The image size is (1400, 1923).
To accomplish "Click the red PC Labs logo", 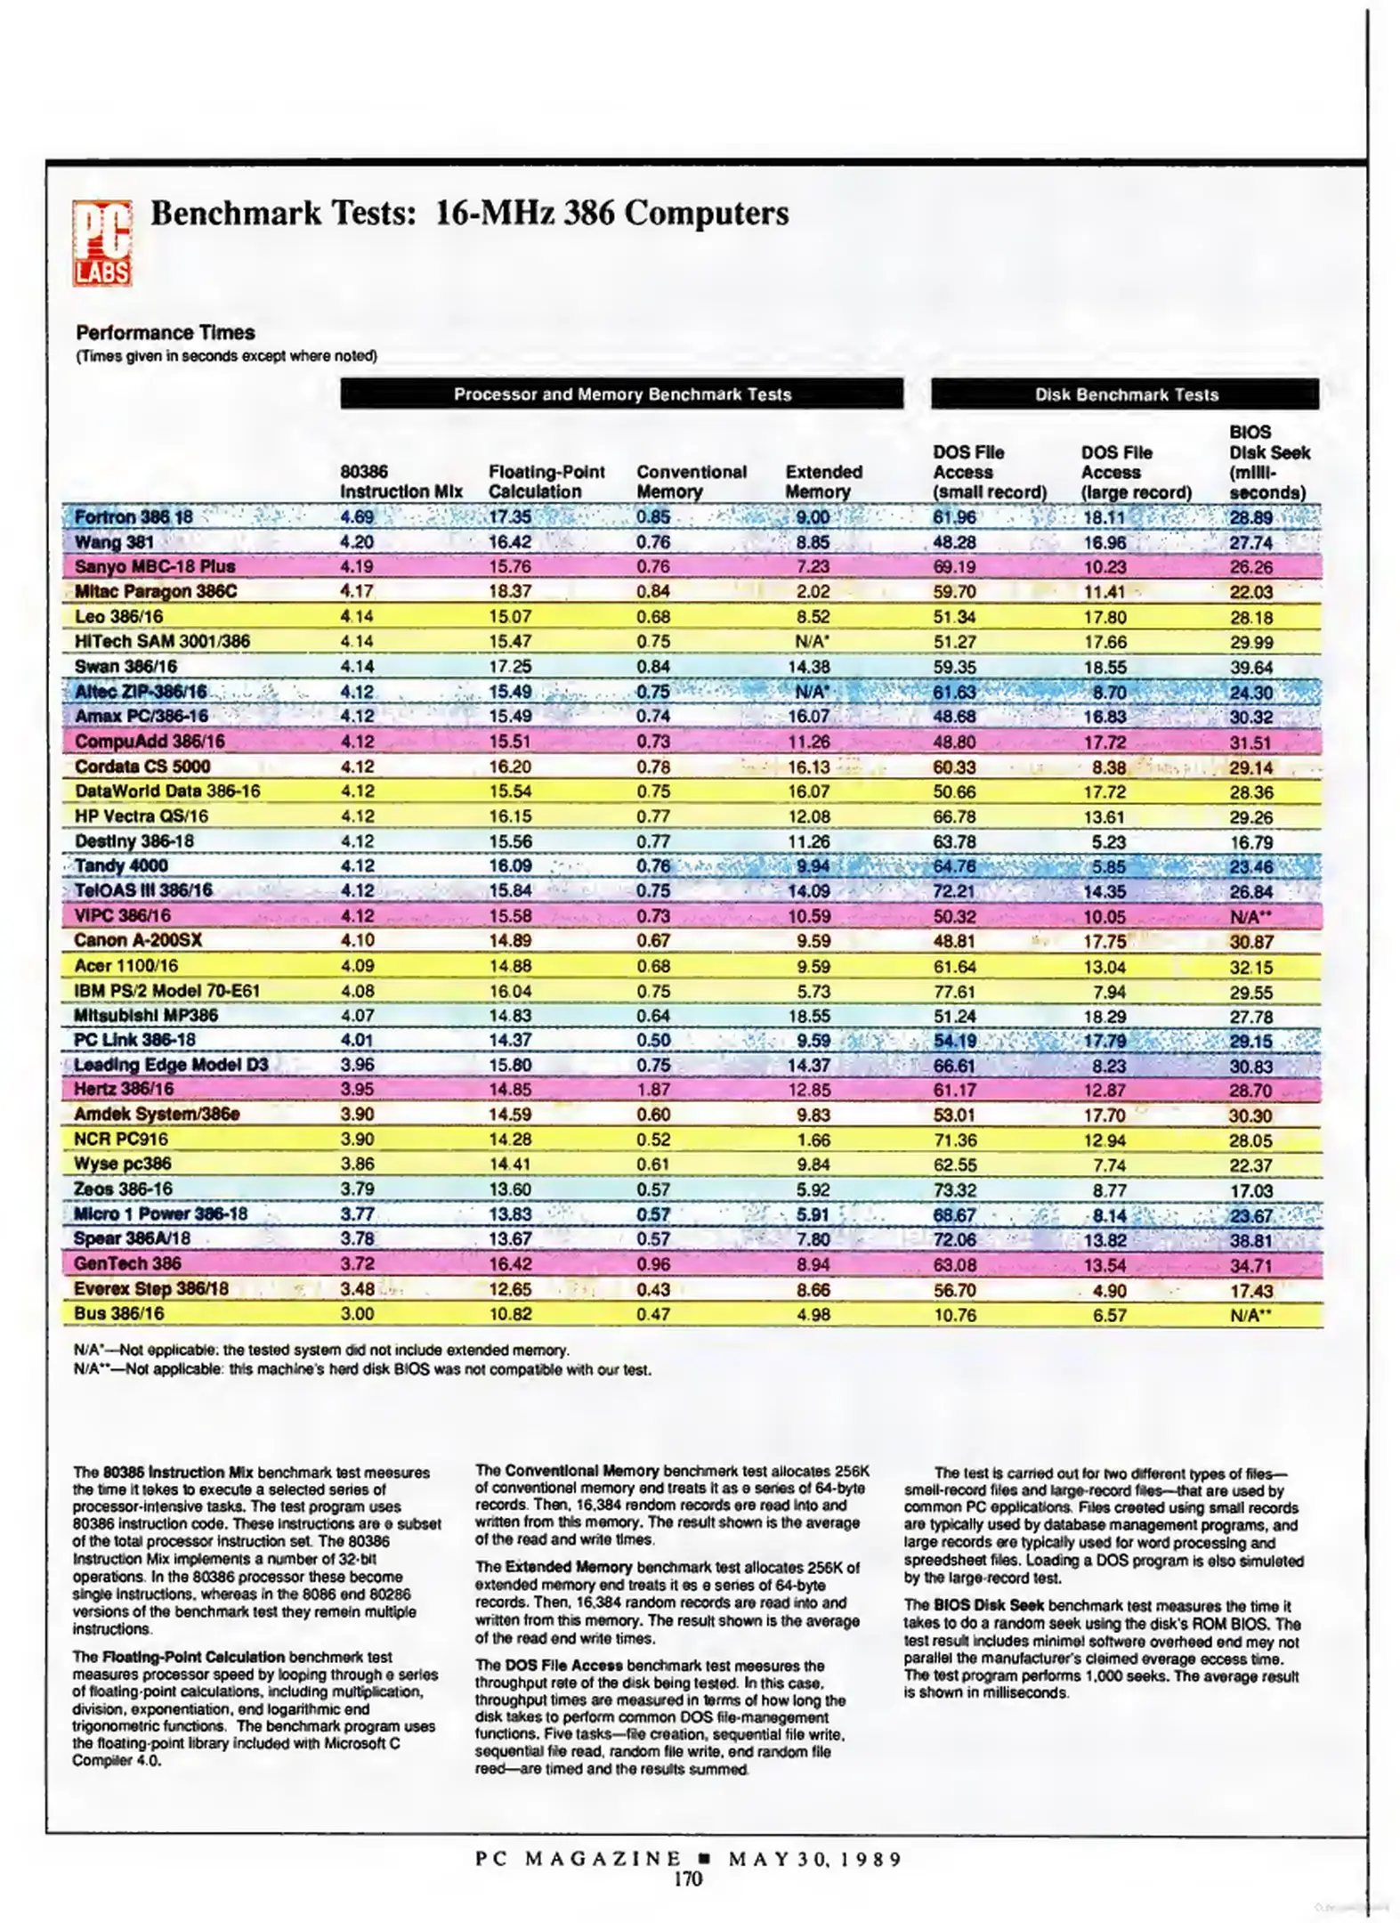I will coord(102,243).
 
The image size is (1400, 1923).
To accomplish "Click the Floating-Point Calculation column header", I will coord(546,482).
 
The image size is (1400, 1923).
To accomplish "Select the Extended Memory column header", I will coord(823,482).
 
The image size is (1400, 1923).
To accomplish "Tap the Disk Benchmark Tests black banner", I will coord(1124,394).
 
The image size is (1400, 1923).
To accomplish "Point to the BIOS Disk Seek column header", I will coord(1268,462).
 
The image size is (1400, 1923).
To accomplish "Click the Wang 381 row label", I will coord(114,542).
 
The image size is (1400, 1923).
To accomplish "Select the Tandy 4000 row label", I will coord(121,865).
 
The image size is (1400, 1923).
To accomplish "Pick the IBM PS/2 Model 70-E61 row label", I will coord(166,990).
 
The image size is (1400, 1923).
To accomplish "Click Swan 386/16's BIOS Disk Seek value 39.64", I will coord(1250,667).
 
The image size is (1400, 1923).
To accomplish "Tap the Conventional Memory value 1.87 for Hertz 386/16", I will coord(652,1089).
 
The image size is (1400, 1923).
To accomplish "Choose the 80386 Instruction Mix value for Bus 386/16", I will coord(356,1313).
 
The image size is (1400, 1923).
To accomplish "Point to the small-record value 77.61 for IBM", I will coord(954,991).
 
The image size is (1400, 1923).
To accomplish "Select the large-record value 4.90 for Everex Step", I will coord(1109,1290).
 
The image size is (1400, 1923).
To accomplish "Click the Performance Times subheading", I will coord(166,333).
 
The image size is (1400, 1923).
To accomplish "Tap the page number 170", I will coord(687,1878).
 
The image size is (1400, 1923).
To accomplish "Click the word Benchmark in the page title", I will coord(236,214).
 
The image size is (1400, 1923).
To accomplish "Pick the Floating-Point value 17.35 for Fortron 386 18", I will coord(510,517).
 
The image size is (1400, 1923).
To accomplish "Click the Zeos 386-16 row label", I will coord(123,1189).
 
